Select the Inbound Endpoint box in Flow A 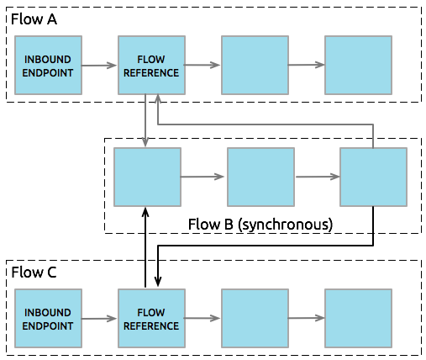48,66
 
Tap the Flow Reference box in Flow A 151,66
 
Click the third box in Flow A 255,66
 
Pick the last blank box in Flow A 358,66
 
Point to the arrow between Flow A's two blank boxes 306,66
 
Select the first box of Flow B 147,177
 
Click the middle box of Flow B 260,177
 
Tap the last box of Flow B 373,177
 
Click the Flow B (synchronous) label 259,225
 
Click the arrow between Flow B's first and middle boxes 203,177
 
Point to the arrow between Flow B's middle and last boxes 317,177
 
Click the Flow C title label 33,272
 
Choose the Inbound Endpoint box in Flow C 48,318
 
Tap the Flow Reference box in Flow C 151,318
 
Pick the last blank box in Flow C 358,318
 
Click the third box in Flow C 255,318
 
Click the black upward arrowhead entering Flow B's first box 146,213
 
